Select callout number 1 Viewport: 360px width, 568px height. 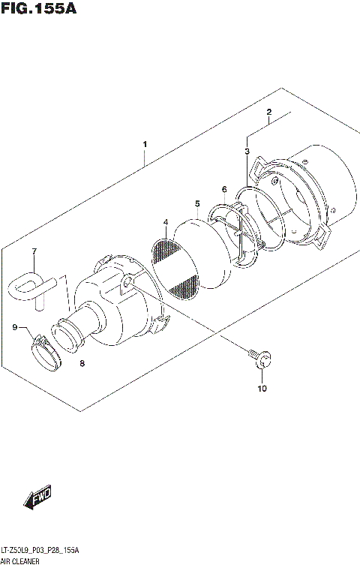pyautogui.click(x=145, y=144)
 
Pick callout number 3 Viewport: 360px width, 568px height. pyautogui.click(x=247, y=152)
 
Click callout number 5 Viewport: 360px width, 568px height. pyautogui.click(x=196, y=203)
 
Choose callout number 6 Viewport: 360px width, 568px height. pyautogui.click(x=223, y=189)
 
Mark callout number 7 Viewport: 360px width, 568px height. pyautogui.click(x=33, y=251)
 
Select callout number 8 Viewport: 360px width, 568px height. pyautogui.click(x=82, y=364)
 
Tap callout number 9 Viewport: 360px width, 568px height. pyautogui.click(x=14, y=326)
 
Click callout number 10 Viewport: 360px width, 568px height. pyautogui.click(x=261, y=389)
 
